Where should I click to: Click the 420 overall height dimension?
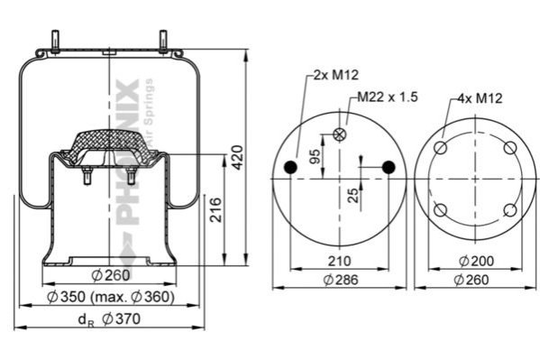(x=237, y=158)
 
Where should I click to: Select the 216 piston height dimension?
(x=216, y=209)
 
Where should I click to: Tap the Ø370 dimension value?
(x=122, y=319)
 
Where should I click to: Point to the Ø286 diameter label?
(x=341, y=280)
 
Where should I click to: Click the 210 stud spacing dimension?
(x=339, y=261)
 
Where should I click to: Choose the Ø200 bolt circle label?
(x=476, y=261)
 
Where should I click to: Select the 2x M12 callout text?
(x=335, y=75)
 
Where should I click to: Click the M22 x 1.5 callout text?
(x=388, y=97)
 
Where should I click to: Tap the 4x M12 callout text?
(x=480, y=98)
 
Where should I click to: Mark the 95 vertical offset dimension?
(x=316, y=157)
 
